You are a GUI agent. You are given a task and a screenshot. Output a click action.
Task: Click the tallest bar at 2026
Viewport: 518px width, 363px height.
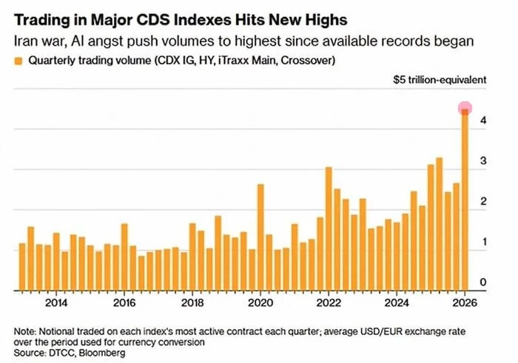tap(465, 200)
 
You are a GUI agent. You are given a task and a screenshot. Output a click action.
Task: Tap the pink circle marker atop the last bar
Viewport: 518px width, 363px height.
tap(465, 109)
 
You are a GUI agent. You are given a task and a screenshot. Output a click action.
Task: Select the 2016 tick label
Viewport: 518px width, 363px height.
tap(124, 302)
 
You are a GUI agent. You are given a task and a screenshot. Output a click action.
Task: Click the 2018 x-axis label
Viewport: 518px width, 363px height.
tap(192, 302)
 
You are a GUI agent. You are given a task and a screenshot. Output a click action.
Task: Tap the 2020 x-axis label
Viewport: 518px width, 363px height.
tap(260, 302)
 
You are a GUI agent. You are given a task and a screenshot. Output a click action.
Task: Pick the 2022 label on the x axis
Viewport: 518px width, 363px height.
tap(329, 302)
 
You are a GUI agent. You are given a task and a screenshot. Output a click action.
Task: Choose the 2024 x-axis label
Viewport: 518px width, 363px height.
tap(397, 302)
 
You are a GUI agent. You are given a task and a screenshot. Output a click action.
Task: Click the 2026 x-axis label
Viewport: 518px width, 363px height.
tap(465, 302)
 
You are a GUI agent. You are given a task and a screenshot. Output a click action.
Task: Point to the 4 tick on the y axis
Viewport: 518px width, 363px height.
tap(482, 120)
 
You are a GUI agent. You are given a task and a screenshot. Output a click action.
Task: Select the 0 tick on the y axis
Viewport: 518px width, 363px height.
tap(482, 282)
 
